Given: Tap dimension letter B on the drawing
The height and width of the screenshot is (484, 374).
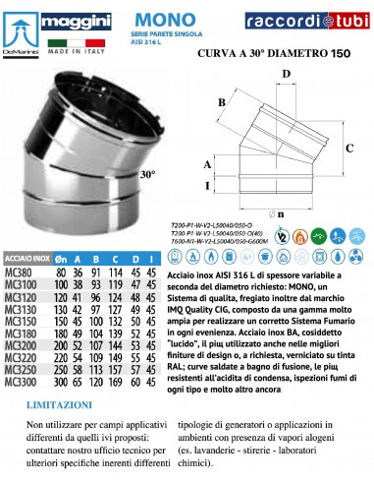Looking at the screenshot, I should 223,102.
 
